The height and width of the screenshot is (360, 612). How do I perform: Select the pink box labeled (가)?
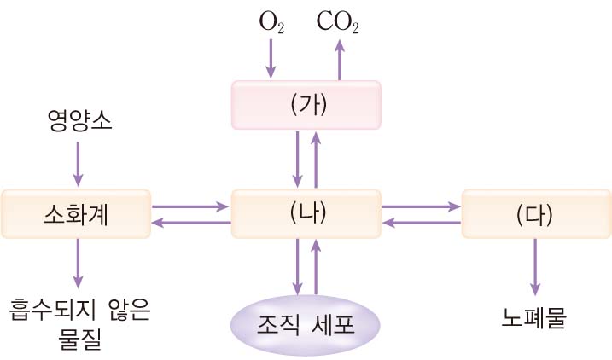pyautogui.click(x=306, y=104)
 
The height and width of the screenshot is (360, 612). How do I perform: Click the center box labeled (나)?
pyautogui.click(x=306, y=213)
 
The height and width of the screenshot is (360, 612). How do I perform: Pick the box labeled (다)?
pyautogui.click(x=535, y=213)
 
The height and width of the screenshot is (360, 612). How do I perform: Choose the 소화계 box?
pyautogui.click(x=77, y=213)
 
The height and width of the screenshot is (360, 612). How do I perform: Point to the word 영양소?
pyautogui.click(x=79, y=125)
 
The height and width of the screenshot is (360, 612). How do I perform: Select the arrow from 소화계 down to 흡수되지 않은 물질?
pyautogui.click(x=79, y=264)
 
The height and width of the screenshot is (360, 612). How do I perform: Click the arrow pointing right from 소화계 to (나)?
pyautogui.click(x=192, y=206)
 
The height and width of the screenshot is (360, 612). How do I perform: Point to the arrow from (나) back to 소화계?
pyautogui.click(x=192, y=222)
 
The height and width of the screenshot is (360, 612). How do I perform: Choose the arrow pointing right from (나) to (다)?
pyautogui.click(x=420, y=206)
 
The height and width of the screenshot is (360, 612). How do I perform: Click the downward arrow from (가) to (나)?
pyautogui.click(x=296, y=159)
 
